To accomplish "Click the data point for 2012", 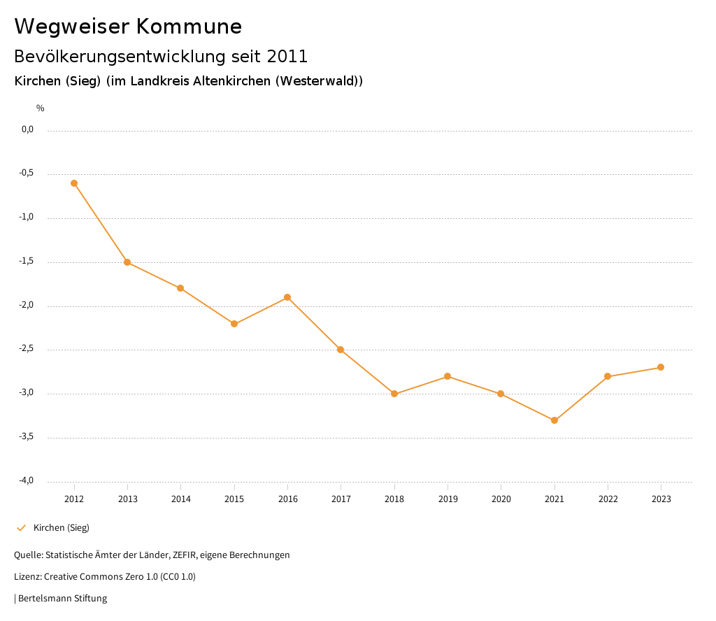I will coord(74,183).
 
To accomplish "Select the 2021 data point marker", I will coord(554,420).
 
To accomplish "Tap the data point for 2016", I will coord(287,297).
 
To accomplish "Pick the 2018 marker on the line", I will coord(394,394).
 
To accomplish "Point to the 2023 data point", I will coord(661,367).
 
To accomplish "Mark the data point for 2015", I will coord(234,324).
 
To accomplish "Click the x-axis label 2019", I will coord(447,499).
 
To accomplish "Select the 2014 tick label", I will coord(180,499).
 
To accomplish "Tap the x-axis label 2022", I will coord(608,499).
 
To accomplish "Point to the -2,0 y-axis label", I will coord(27,306).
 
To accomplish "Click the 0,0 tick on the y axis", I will coord(28,129).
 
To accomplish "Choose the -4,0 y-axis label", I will coord(27,480).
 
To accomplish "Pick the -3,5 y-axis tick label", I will coord(27,437).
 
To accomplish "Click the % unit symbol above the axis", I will coord(41,108).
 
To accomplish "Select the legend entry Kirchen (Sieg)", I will coord(61,528).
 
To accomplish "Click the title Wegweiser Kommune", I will coord(128,27).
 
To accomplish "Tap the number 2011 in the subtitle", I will coord(287,56).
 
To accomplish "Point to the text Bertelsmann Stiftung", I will coord(62,599).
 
